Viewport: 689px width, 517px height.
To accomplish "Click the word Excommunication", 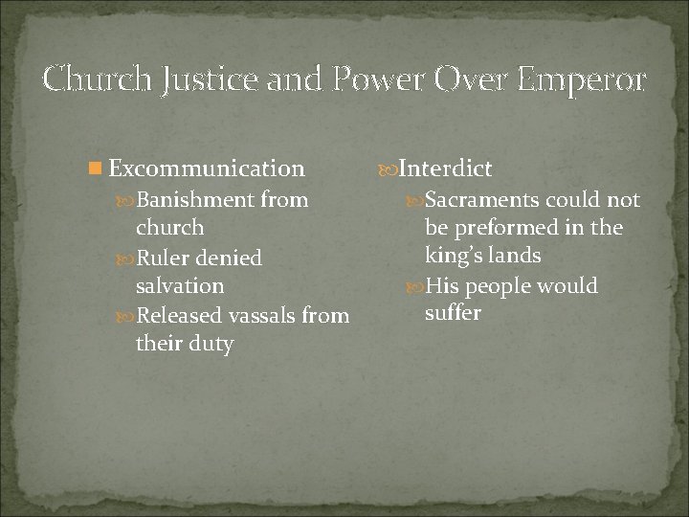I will pyautogui.click(x=206, y=169).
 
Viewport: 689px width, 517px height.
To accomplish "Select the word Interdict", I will pyautogui.click(x=445, y=169).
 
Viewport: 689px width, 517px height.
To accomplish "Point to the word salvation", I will pyautogui.click(x=180, y=285).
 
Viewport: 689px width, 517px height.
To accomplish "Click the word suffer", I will pyautogui.click(x=453, y=314).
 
